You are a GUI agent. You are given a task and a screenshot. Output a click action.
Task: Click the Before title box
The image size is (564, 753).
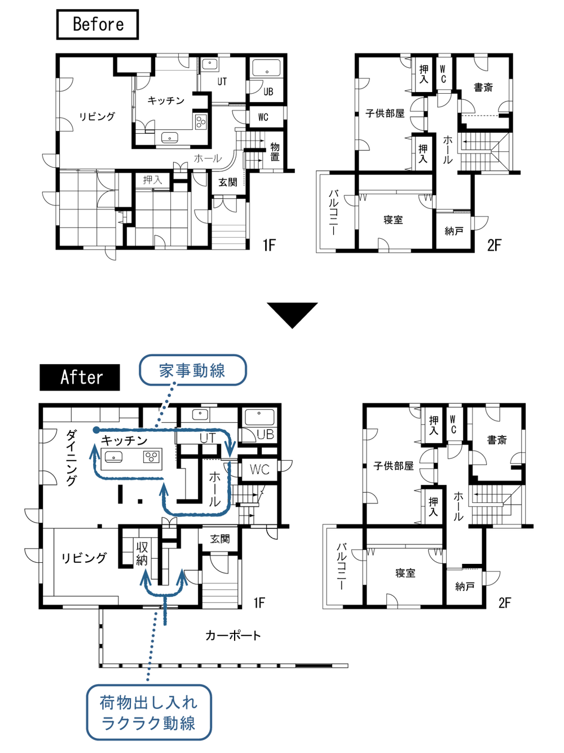coord(98,24)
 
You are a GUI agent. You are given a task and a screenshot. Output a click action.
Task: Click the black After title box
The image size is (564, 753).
coord(80,377)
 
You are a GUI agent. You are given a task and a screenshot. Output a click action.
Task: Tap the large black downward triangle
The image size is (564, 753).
coord(292,314)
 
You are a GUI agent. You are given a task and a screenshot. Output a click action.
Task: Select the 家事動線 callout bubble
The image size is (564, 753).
coord(192,370)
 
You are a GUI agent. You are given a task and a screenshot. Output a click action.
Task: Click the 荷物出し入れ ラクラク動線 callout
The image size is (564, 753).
coord(148,712)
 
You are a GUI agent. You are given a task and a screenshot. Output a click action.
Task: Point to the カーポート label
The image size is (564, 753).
coord(233,636)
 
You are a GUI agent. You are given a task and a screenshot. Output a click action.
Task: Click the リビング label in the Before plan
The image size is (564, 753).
coord(97,116)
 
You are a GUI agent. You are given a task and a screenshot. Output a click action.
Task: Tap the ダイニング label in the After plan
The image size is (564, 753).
coord(71,457)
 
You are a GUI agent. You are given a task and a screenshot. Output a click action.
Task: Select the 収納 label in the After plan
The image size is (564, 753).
coord(142,554)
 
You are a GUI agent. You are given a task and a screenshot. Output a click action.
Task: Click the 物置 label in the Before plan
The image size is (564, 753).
coord(275,152)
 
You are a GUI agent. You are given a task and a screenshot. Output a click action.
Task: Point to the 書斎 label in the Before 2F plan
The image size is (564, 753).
coord(483,87)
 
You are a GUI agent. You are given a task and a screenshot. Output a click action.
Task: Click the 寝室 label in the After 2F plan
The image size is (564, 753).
coord(405,573)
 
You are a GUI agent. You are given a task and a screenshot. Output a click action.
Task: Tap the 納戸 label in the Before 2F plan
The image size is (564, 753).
coord(454,231)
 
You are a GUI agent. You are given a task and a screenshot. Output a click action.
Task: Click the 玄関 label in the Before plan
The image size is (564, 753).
coord(228,182)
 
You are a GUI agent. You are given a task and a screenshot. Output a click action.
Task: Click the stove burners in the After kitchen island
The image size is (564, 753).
coord(151,457)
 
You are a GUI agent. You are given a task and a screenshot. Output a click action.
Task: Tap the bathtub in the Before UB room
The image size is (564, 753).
coord(266,69)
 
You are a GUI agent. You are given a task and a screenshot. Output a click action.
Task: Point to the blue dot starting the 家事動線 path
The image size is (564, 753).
coord(96,430)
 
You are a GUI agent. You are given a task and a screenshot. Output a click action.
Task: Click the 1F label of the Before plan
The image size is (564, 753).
coord(269,245)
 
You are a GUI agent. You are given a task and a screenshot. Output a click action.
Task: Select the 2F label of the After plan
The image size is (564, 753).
coord(504,602)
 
